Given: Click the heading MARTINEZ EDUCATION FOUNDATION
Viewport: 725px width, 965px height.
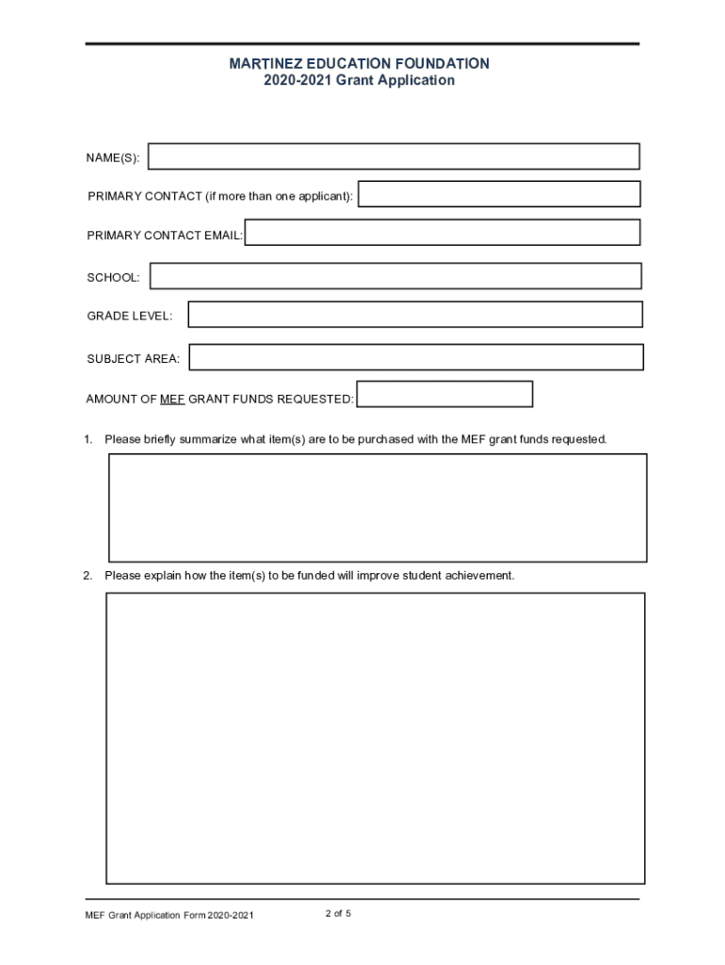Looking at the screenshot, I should coord(360,63).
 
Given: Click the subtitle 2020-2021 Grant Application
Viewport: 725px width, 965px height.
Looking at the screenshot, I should coord(360,81).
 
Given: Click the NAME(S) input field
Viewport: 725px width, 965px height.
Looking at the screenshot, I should coord(394,156).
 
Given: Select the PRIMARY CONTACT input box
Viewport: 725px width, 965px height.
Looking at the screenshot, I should coord(499,194).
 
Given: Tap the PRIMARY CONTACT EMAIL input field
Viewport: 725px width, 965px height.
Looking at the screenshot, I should coord(442,233).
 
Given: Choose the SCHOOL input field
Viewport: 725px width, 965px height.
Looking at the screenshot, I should coord(395,276).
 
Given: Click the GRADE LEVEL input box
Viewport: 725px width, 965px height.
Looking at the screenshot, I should coord(414,315).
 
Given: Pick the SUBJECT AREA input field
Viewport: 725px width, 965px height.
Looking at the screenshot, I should coord(416,357).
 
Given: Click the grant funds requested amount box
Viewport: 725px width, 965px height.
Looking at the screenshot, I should coord(444,394).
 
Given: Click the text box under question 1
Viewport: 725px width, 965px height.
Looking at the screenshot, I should coord(378,508).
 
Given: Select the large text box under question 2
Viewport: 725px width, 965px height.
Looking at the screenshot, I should coord(375,738).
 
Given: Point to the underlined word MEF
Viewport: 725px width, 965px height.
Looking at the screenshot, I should coord(172,400).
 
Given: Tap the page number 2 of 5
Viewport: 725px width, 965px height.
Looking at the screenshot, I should coord(338,913).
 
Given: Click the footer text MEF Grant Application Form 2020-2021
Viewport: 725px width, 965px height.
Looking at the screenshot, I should coord(169,916).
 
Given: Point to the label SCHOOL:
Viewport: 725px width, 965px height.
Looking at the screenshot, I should coord(113,277).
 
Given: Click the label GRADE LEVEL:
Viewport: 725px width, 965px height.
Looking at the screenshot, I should coord(129,316).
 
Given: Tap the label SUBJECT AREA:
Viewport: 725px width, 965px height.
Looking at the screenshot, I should coord(133,359).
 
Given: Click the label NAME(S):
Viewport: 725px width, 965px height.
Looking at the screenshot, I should coord(113,158).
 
